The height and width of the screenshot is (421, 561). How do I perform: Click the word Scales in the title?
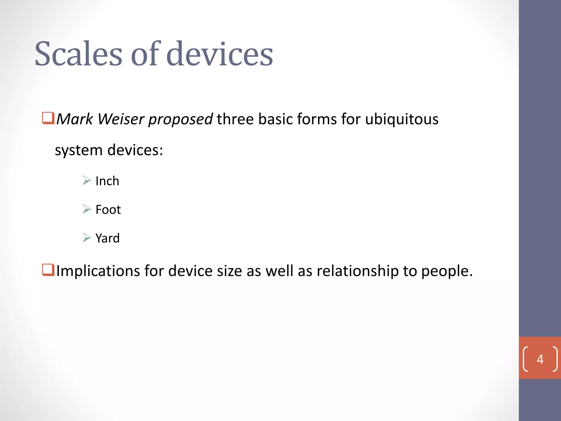pyautogui.click(x=78, y=54)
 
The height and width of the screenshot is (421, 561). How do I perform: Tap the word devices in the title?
pyautogui.click(x=219, y=54)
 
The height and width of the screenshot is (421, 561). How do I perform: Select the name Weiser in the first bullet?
pyautogui.click(x=121, y=119)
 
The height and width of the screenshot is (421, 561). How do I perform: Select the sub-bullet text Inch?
pyautogui.click(x=107, y=181)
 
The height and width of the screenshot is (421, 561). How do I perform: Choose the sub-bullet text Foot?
pyautogui.click(x=108, y=210)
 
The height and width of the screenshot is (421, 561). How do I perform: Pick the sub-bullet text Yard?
pyautogui.click(x=107, y=238)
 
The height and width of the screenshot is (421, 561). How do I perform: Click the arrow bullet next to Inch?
pyautogui.click(x=87, y=180)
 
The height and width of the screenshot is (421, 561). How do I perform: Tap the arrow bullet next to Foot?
pyautogui.click(x=87, y=209)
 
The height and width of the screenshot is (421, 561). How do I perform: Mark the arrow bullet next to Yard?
pyautogui.click(x=87, y=238)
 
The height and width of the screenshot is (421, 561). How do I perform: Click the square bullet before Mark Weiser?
pyautogui.click(x=48, y=118)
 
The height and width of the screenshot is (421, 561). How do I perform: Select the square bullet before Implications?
pyautogui.click(x=48, y=270)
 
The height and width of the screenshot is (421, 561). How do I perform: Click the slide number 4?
pyautogui.click(x=540, y=359)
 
